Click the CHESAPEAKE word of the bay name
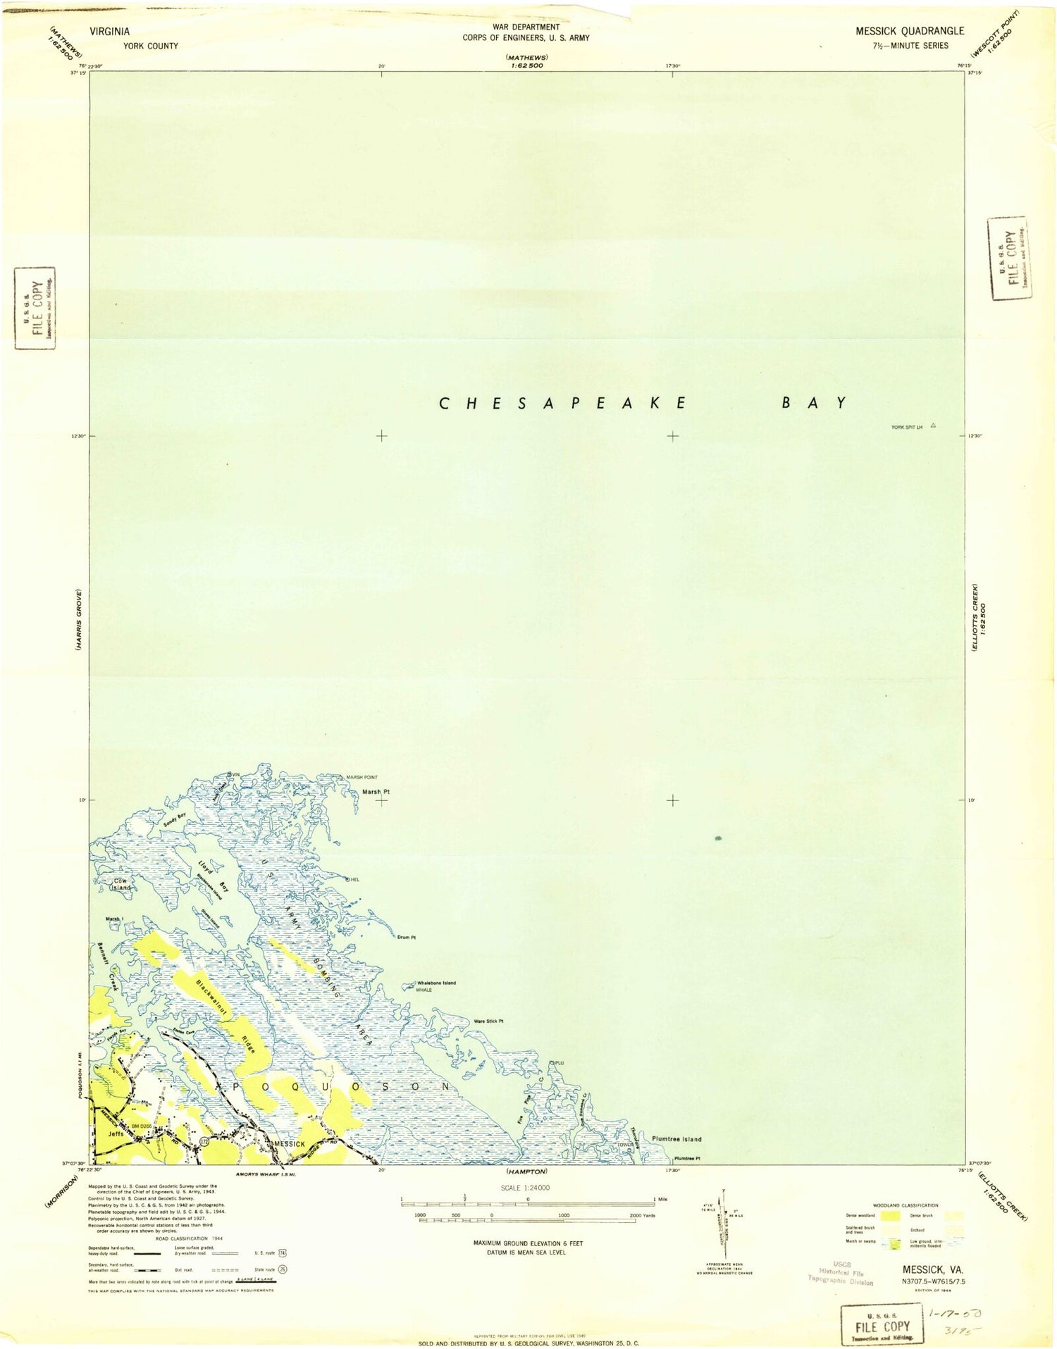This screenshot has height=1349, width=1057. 563,404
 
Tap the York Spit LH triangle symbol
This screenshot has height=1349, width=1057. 933,425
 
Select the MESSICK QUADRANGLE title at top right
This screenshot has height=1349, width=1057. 909,31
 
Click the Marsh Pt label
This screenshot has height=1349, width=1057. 376,792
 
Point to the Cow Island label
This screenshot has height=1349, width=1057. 120,884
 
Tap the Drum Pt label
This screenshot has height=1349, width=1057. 407,938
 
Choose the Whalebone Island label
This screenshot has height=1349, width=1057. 436,983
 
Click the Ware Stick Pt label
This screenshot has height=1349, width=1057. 488,1021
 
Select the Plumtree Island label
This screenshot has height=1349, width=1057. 676,1139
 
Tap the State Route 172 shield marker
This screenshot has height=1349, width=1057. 204,1140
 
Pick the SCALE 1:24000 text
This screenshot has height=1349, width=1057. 526,1188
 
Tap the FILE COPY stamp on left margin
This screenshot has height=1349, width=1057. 35,308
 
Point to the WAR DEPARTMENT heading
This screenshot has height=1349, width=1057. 526,27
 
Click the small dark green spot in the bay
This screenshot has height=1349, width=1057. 718,838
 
